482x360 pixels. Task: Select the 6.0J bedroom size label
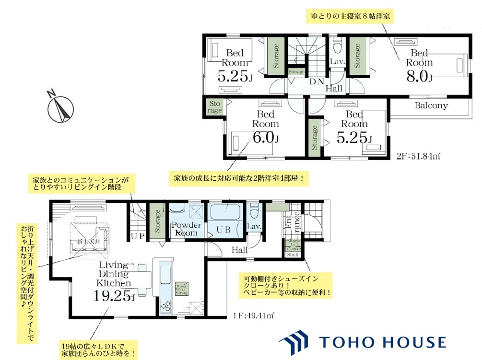(x=265, y=138)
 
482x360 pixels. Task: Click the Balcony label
(x=431, y=105)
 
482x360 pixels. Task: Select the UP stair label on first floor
(x=136, y=235)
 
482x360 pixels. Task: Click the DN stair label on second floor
(x=316, y=81)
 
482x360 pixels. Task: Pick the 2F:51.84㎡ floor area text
(x=419, y=156)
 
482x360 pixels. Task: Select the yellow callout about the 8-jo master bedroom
(x=349, y=16)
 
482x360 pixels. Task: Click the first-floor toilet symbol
(x=254, y=211)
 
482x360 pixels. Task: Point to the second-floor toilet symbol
(x=337, y=46)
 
